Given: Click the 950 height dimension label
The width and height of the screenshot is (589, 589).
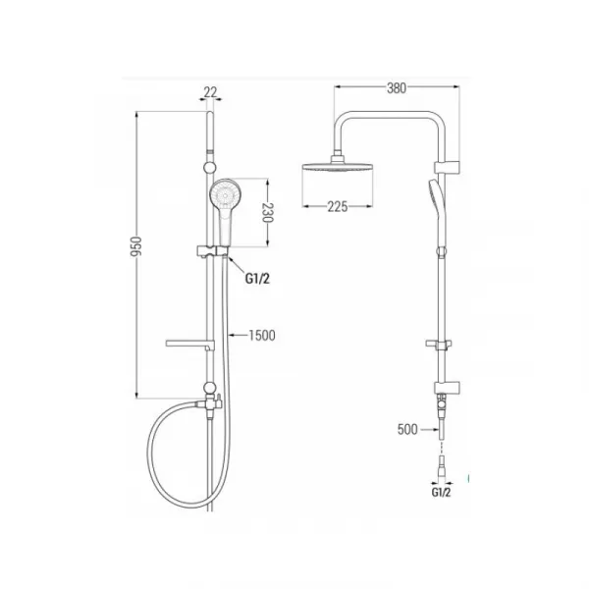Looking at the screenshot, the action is [x=136, y=246].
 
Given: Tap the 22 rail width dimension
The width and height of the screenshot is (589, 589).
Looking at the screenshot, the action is [x=211, y=91].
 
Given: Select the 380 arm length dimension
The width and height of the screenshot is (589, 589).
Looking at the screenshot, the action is [x=397, y=88].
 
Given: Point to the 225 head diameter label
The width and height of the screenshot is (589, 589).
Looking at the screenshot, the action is [x=338, y=206].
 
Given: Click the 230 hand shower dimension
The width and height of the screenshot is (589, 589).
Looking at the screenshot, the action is [x=268, y=213].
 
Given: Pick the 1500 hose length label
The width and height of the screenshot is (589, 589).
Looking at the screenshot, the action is [x=262, y=335].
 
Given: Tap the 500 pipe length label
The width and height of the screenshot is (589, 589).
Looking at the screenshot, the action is [x=407, y=429].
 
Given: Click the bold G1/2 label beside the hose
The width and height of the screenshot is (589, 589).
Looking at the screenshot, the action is [x=257, y=279].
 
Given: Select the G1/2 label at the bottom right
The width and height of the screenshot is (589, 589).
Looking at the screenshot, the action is [x=441, y=492].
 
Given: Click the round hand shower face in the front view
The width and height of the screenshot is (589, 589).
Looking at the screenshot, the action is [x=225, y=195].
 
